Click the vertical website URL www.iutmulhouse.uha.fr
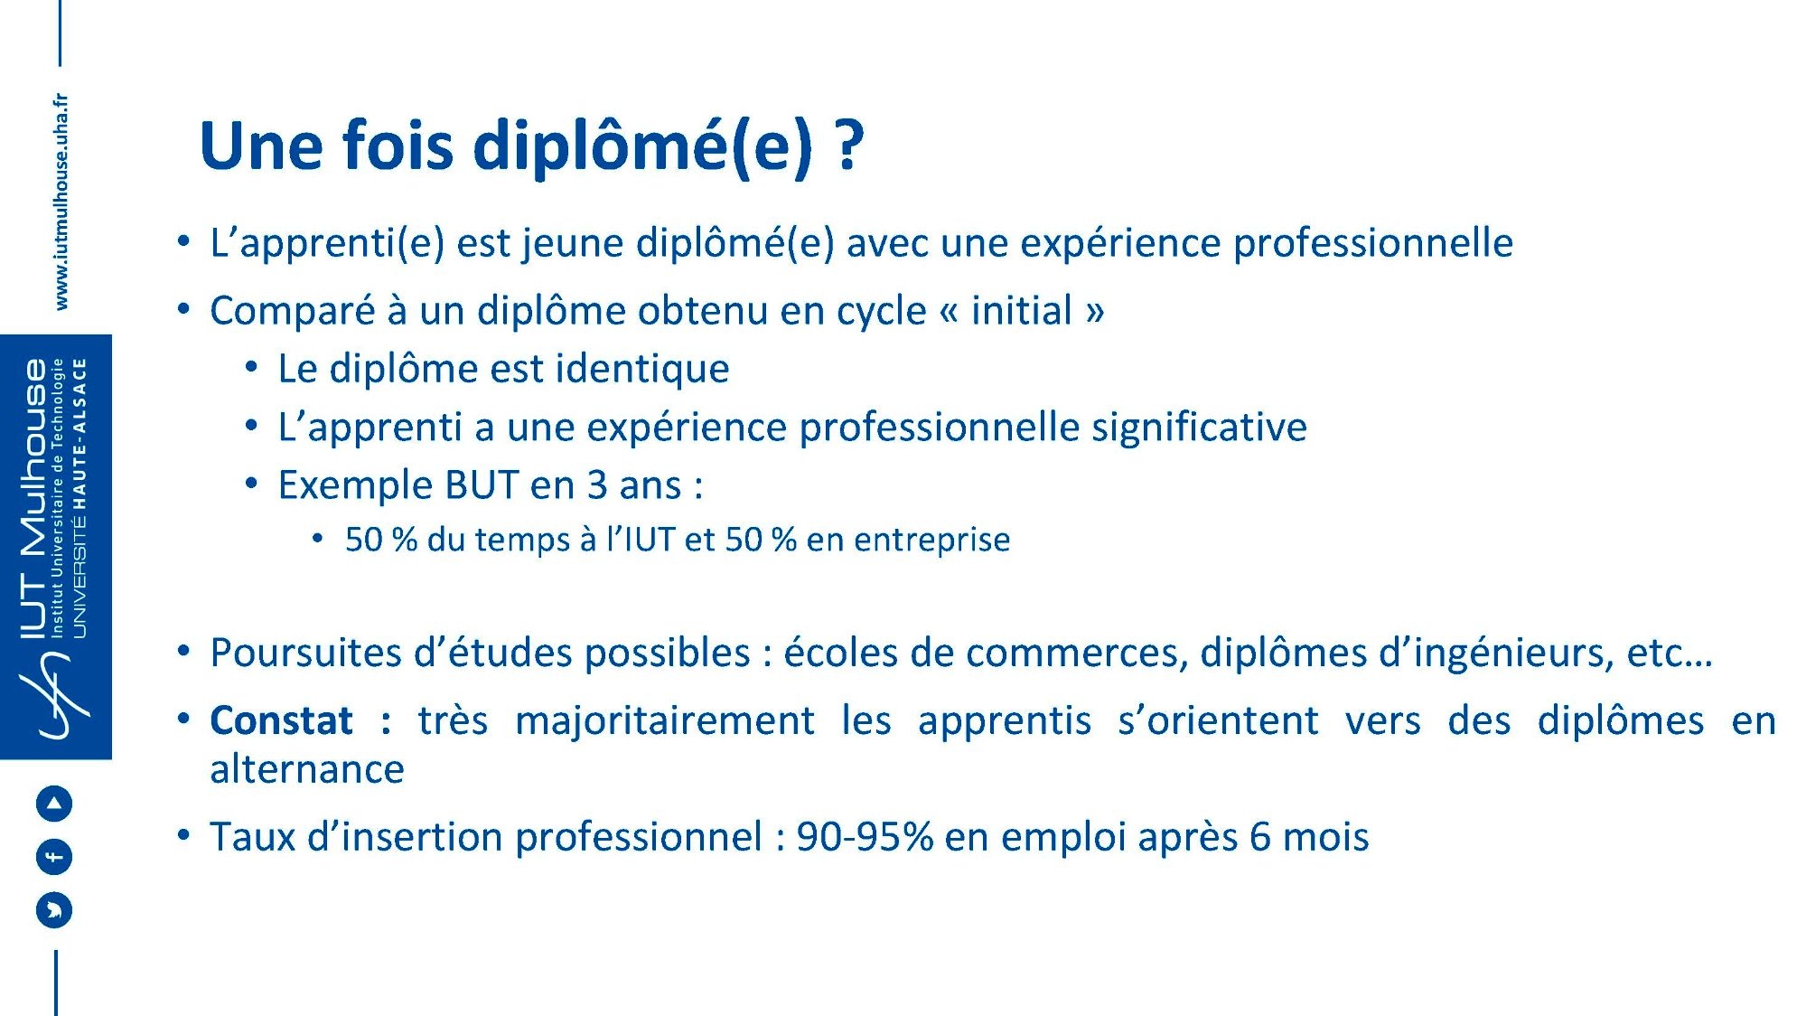(x=61, y=202)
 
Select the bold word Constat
(x=281, y=720)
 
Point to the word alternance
(x=307, y=769)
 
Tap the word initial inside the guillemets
(x=1021, y=310)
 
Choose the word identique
(x=641, y=369)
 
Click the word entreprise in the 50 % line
(x=931, y=540)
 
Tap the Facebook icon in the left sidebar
(x=54, y=856)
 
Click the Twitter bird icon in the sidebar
(x=54, y=909)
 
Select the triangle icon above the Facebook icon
(x=54, y=803)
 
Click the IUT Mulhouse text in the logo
(x=33, y=499)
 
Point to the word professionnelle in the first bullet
(x=1373, y=242)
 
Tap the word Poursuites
(x=306, y=653)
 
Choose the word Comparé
(x=292, y=310)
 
